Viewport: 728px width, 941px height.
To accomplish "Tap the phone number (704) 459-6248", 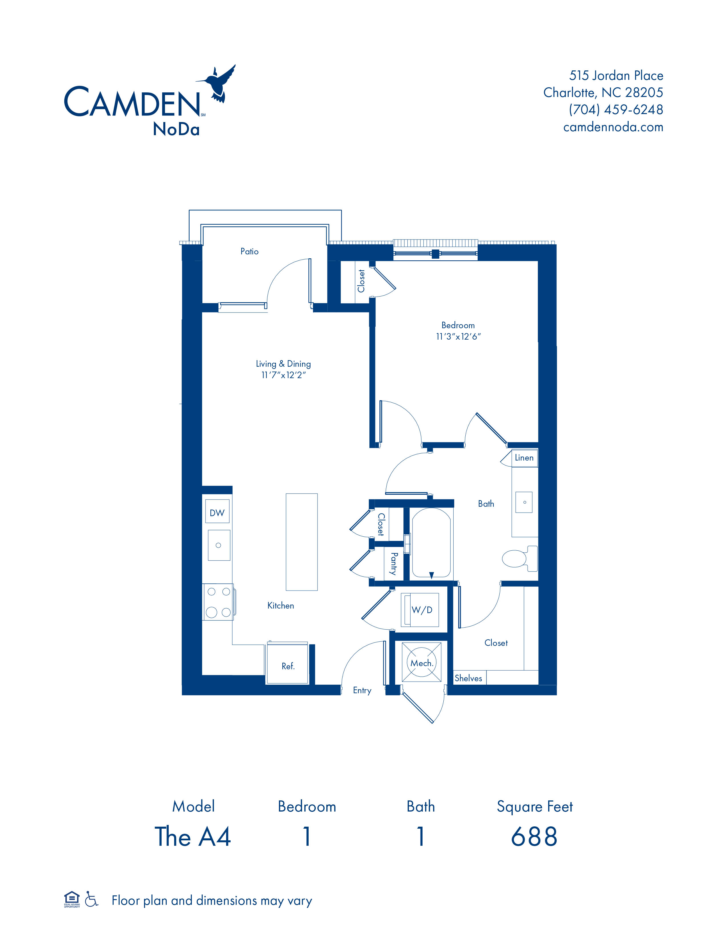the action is [x=616, y=109].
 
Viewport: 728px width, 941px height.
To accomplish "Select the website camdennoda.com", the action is [x=613, y=127].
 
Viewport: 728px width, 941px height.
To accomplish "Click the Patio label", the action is [x=249, y=251].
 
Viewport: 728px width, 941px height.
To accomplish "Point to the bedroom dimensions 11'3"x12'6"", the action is [x=458, y=336].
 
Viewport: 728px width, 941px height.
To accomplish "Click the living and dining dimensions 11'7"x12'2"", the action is [x=283, y=375].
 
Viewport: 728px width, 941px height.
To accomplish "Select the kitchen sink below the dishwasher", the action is [x=219, y=545].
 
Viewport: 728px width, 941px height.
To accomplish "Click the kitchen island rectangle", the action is [x=301, y=542].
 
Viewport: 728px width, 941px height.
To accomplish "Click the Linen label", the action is [x=524, y=458].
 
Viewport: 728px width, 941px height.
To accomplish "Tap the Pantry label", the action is [x=394, y=563].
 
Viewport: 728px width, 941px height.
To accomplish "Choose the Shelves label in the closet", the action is [x=468, y=678].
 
